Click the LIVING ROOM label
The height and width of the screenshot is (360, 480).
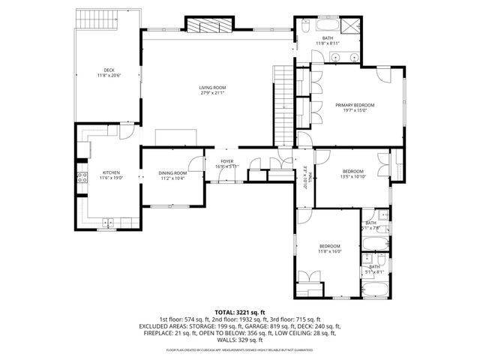pyautogui.click(x=212, y=88)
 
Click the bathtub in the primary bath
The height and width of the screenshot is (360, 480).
pyautogui.click(x=333, y=58)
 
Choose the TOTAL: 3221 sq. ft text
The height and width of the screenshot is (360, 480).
pyautogui.click(x=240, y=312)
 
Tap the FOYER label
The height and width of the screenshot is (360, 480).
pyautogui.click(x=226, y=161)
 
